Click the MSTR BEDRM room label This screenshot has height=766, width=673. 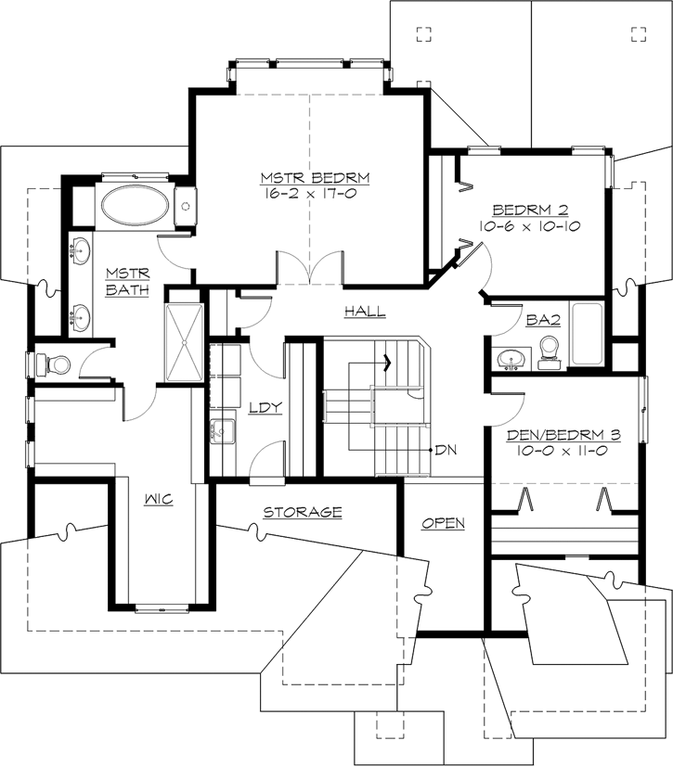point(303,178)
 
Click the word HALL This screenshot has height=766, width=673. point(365,312)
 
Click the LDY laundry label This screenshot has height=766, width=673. point(259,407)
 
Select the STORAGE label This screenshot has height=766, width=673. point(303,512)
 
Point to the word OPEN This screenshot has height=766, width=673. point(443,523)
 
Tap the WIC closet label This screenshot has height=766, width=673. point(159,499)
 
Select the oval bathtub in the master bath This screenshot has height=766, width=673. point(135,206)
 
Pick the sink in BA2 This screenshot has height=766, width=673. point(509,356)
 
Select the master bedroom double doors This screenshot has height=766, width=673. point(311,269)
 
